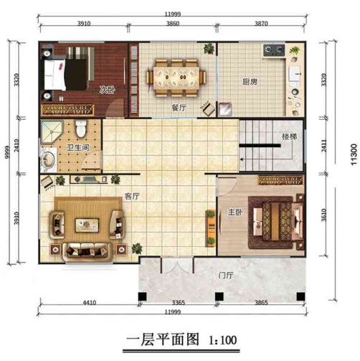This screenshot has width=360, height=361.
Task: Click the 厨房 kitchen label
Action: coord(250,82)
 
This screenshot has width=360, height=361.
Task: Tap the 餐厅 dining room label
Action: coord(179,108)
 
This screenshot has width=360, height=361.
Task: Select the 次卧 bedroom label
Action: coord(108,90)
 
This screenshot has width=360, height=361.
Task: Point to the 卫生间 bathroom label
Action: coord(78,147)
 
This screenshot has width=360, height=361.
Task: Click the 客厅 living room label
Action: coord(132,196)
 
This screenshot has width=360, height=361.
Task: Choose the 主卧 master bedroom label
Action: coord(235,212)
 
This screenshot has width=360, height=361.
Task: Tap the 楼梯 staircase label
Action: coord(290,136)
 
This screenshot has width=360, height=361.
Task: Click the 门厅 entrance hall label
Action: coord(226,275)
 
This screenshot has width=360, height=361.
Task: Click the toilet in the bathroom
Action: coord(80,128)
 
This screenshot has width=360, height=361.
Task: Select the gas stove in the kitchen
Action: coord(274,50)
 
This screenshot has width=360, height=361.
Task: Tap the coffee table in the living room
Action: coord(87,225)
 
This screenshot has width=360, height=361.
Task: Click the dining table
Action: coord(176,78)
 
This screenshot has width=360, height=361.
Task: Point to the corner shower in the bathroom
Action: coord(51,132)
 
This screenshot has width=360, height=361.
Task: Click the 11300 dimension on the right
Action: coord(354,154)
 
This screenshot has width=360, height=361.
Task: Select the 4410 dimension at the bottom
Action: coord(90,303)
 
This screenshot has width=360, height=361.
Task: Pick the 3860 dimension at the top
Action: coord(173,24)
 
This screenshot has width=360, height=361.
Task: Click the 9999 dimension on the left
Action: coord(7,152)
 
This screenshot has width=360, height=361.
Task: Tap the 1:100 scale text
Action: coord(223,340)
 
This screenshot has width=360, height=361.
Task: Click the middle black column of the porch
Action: coord(219,296)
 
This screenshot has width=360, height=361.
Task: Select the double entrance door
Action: coord(177,266)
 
